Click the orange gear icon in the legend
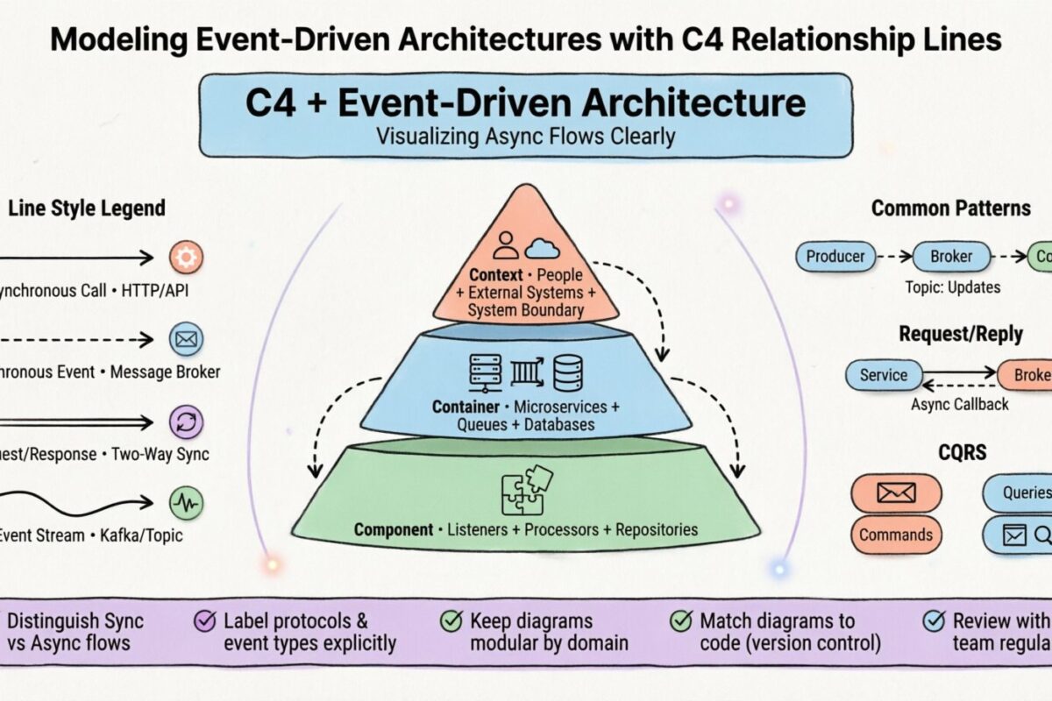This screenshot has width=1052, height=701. tap(185, 258)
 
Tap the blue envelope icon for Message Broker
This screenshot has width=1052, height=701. tap(185, 339)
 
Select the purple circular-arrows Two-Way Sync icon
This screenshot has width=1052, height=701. tap(185, 421)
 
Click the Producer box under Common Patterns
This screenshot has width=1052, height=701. tap(835, 257)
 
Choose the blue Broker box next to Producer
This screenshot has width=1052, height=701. tap(950, 257)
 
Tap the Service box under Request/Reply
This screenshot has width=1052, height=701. tap(883, 375)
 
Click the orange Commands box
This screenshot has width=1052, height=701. tap(895, 535)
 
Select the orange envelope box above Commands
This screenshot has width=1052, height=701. tap(895, 492)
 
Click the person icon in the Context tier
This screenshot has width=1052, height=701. tap(506, 244)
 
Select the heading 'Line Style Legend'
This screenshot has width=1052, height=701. tap(86, 208)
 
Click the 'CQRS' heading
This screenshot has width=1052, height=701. tap(962, 452)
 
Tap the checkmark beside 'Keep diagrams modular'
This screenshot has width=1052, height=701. tap(451, 621)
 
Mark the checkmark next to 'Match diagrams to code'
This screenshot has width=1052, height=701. tap(680, 621)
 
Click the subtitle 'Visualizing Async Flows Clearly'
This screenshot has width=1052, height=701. tap(525, 137)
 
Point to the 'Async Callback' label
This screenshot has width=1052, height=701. tap(959, 404)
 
